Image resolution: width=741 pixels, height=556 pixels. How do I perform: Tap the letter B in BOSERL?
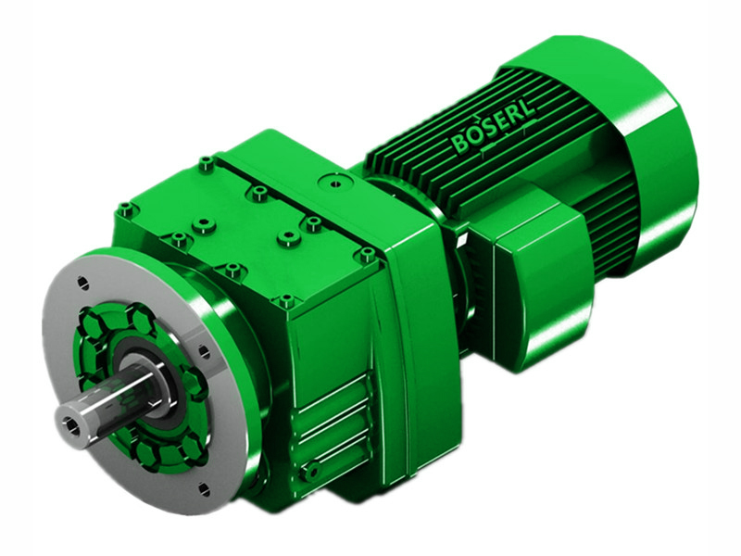pyautogui.click(x=460, y=145)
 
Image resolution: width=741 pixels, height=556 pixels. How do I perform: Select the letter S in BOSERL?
pyautogui.click(x=486, y=135)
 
